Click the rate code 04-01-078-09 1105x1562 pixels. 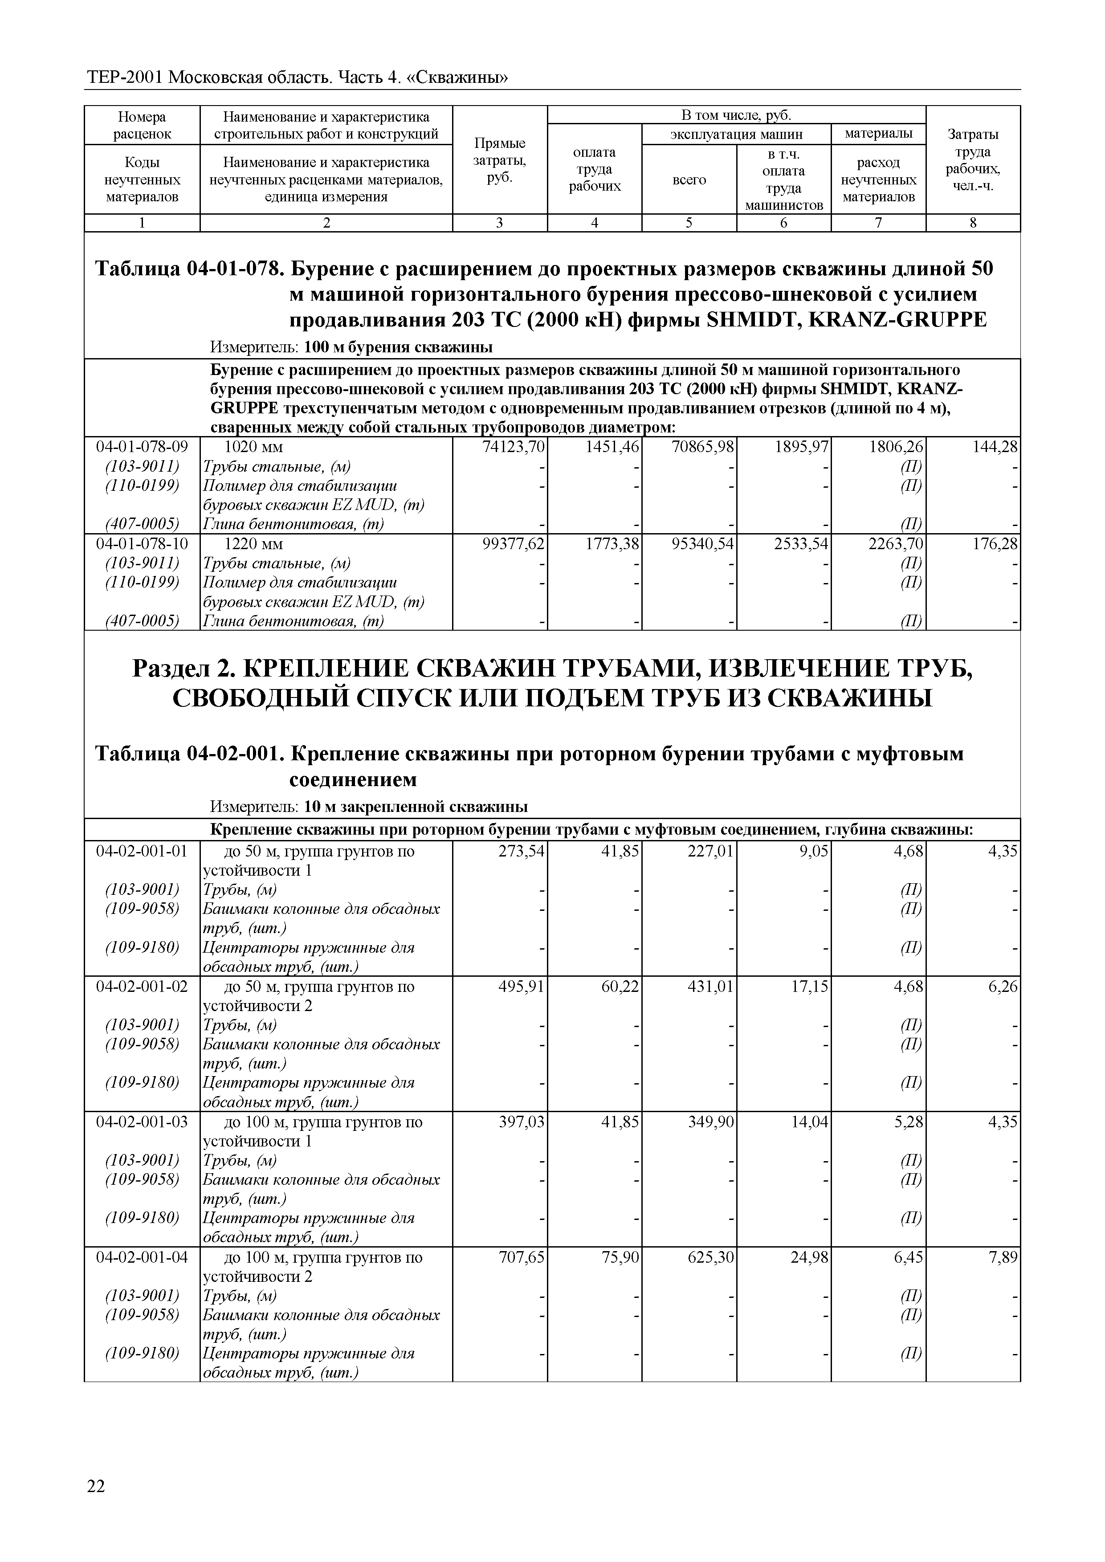[142, 447]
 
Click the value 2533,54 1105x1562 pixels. [801, 544]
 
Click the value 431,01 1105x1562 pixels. [711, 987]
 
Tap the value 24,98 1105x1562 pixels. [809, 1257]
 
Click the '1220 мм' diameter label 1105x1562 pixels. [253, 544]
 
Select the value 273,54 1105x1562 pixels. [522, 851]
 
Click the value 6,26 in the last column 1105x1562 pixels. [1003, 987]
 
